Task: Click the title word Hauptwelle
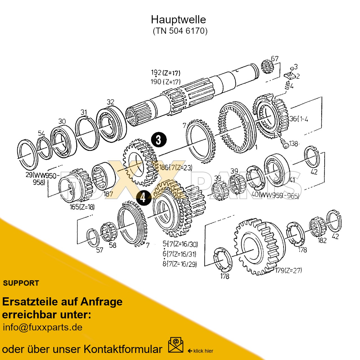point(178,20)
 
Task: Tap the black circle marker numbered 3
point(159,140)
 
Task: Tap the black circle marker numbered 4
point(143,197)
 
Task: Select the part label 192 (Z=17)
point(165,73)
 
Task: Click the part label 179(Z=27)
point(288,270)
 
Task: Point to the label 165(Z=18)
point(82,207)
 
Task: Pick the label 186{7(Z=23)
point(176,168)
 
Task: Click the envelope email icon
point(175,345)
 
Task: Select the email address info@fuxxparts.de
point(42,327)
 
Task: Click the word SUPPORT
point(21,283)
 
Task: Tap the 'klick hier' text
point(203,351)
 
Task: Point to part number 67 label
point(274,58)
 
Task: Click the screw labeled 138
point(285,144)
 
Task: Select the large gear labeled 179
point(257,246)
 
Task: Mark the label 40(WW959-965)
point(275,195)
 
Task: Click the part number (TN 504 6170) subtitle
point(180,31)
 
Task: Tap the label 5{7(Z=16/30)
point(180,244)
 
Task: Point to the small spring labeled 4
point(287,85)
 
